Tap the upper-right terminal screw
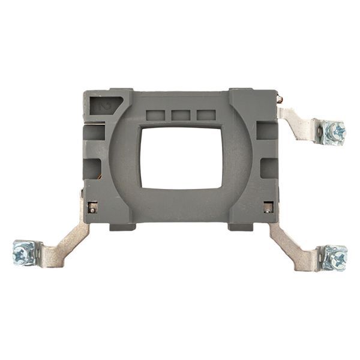[334, 131]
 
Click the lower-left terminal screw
[24, 253]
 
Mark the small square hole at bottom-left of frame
[92, 207]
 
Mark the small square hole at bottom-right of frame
[268, 207]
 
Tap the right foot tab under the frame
[239, 226]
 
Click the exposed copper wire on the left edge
[98, 175]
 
